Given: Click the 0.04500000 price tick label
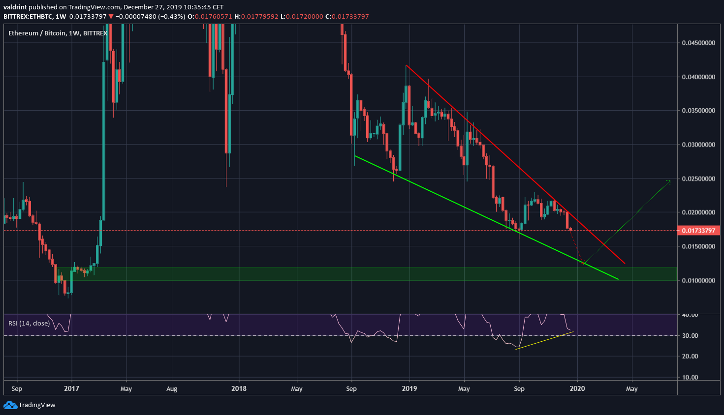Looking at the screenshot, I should [698, 43].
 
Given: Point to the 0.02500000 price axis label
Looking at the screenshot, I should [698, 178].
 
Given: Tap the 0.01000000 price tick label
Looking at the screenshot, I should [698, 280].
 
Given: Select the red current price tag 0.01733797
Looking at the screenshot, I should [698, 231].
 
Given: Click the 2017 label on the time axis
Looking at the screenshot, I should [71, 388].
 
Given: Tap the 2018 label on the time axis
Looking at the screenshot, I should [239, 388].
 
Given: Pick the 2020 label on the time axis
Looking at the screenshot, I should [577, 388].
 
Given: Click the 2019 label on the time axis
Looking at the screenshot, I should [409, 388].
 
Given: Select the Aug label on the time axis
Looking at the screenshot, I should [172, 388].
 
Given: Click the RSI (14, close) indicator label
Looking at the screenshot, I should [29, 323].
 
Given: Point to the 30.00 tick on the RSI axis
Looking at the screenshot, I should [691, 336].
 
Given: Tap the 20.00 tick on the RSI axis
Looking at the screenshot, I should [691, 356].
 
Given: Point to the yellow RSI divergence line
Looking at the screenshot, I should [544, 340].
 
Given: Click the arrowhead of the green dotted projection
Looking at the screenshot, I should [669, 181].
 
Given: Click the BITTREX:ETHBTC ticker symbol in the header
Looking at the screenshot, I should [28, 16].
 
